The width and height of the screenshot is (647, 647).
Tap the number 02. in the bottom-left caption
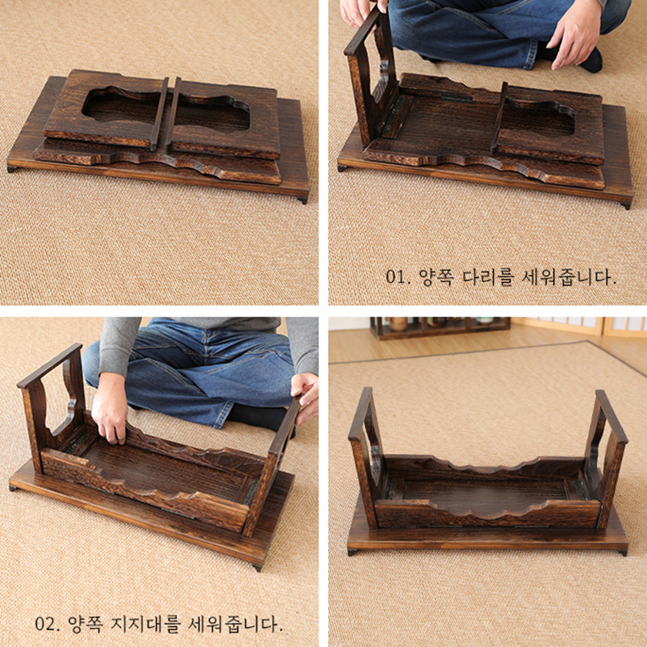click(x=48, y=624)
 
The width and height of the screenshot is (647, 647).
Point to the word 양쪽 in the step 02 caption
click(x=85, y=624)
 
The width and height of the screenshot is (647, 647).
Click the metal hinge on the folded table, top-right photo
click(x=456, y=98)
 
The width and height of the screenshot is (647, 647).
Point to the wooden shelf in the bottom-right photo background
click(x=439, y=327)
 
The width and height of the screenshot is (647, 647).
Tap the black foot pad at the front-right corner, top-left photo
click(x=303, y=201)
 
